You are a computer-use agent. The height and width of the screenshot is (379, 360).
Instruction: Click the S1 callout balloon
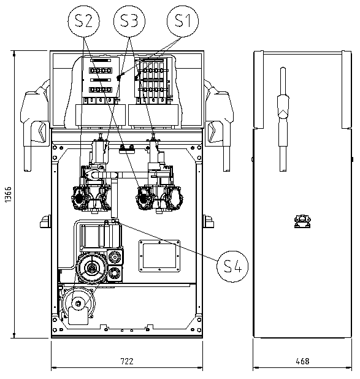(x=183, y=21)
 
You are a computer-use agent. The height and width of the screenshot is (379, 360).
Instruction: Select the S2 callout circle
(x=83, y=21)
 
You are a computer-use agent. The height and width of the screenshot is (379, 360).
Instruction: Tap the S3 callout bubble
(x=129, y=21)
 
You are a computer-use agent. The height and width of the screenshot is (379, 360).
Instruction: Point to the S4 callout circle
(x=232, y=266)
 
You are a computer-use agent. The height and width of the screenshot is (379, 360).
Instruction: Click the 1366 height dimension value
(x=8, y=194)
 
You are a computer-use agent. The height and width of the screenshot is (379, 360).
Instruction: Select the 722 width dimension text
(x=127, y=361)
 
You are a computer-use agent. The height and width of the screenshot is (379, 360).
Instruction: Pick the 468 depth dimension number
(x=302, y=361)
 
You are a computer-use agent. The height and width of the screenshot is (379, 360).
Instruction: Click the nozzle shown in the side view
(x=283, y=119)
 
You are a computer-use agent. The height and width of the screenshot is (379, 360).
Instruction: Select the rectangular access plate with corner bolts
(x=159, y=256)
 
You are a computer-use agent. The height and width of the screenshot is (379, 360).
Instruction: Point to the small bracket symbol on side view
(x=302, y=221)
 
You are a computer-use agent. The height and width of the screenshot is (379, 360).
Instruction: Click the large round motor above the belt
(x=92, y=268)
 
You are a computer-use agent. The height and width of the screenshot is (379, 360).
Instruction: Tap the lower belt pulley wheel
(x=78, y=304)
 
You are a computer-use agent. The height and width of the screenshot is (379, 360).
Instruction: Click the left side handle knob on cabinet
(x=45, y=221)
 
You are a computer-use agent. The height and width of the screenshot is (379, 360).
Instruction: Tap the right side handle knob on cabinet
(x=208, y=221)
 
